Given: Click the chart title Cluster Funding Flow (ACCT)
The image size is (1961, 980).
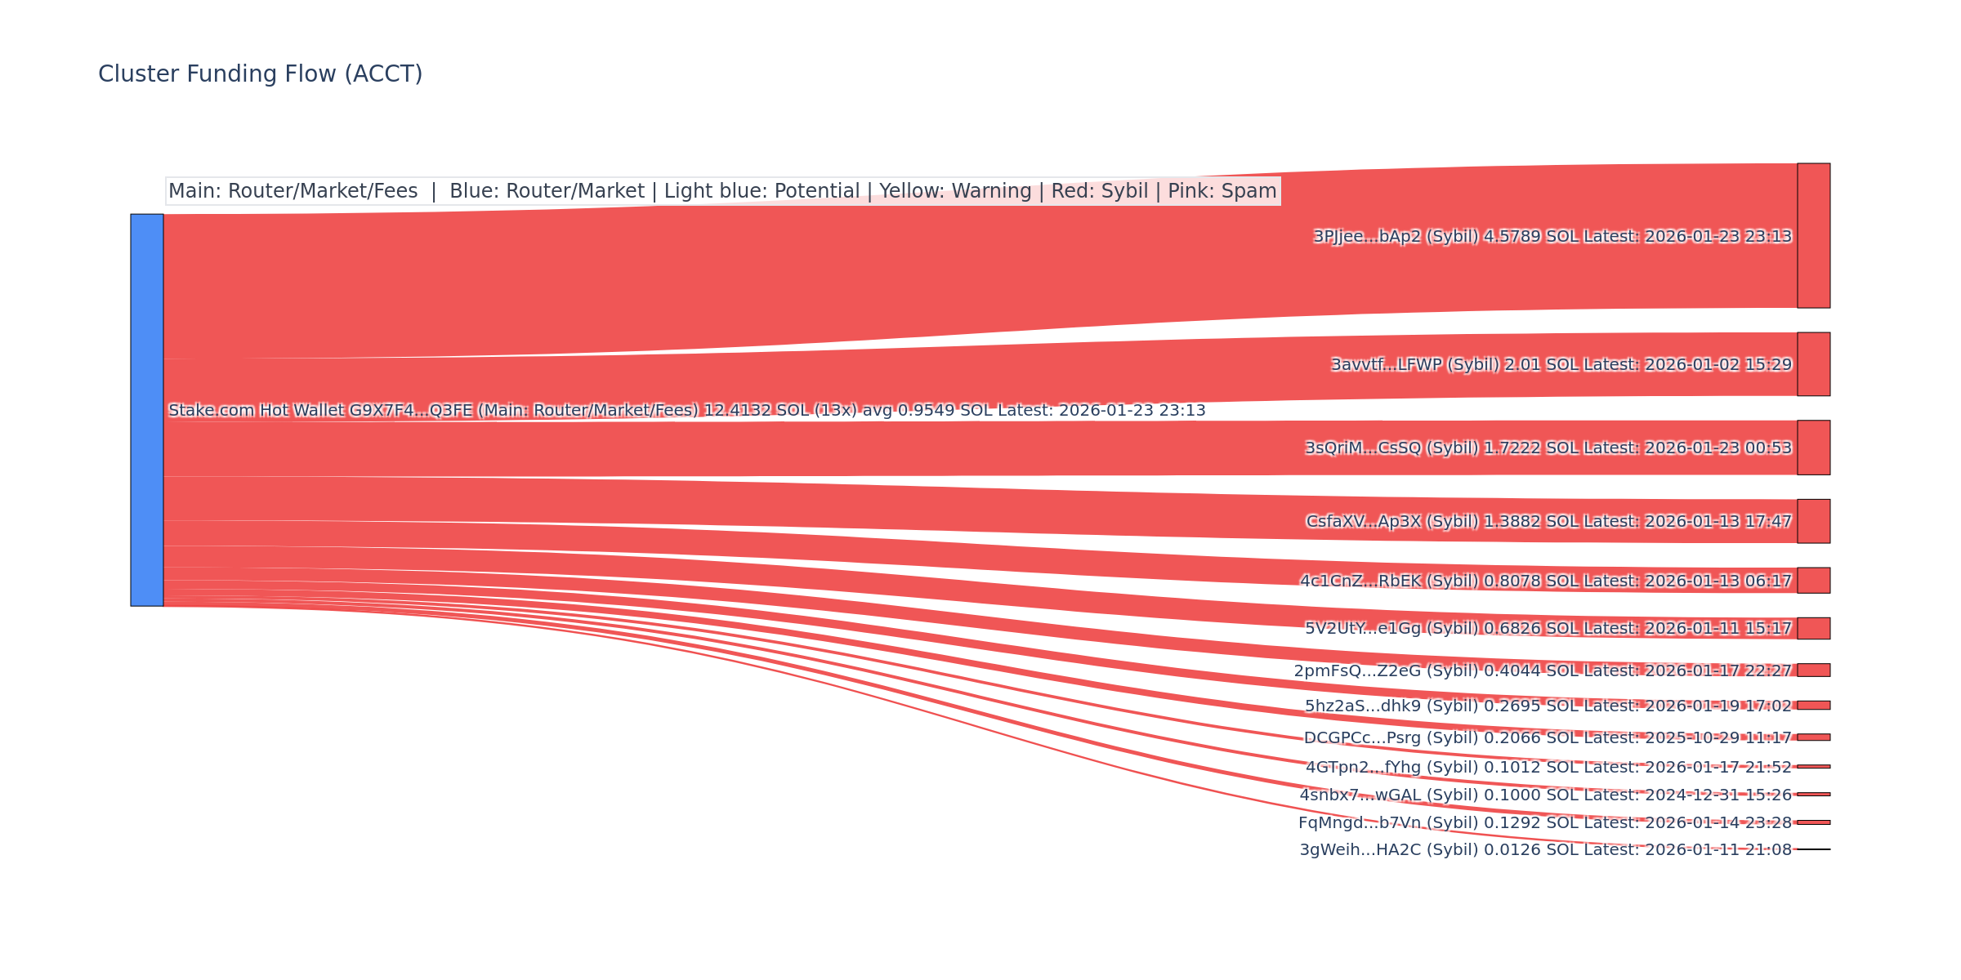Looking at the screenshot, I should (260, 74).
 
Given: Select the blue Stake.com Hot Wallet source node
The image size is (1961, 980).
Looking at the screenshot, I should (147, 410).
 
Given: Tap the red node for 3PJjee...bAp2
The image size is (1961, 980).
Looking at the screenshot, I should (1813, 236).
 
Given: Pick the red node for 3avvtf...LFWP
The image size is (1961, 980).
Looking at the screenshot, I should (1813, 364).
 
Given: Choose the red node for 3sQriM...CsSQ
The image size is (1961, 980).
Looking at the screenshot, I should (1813, 448).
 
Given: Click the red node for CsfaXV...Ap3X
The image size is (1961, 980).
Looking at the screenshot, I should (1813, 521).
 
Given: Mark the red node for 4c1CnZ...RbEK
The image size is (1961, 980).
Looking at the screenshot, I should (1813, 581).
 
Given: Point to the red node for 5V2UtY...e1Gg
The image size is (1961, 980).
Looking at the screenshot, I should (1813, 628).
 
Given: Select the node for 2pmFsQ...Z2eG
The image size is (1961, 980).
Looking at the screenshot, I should (1813, 670).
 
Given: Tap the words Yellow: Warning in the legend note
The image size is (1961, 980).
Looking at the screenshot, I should (955, 191).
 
